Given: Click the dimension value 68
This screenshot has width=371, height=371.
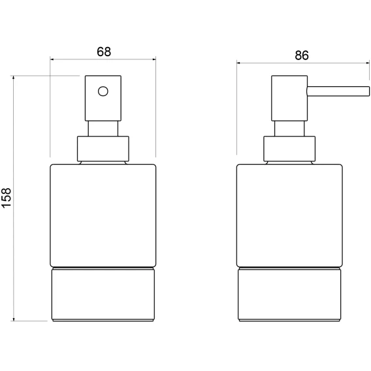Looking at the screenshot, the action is [104, 52].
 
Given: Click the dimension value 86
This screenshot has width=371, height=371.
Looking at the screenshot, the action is [302, 56].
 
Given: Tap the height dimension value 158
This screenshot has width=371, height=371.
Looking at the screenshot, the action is [7, 198].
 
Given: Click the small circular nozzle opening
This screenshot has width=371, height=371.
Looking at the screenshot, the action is [103, 91].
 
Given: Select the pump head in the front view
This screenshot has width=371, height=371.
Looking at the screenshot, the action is [103, 98].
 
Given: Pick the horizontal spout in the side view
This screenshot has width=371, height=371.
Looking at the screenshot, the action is [338, 91].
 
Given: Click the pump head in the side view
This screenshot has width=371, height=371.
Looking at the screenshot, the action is [289, 98].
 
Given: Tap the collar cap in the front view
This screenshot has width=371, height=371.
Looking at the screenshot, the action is [103, 149].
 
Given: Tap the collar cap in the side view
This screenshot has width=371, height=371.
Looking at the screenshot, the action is [289, 149].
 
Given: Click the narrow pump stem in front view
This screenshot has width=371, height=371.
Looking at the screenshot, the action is [103, 129].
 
